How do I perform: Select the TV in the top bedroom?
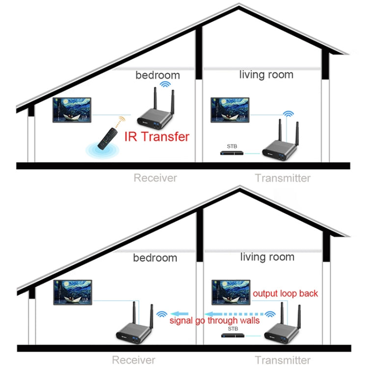(x=72, y=110)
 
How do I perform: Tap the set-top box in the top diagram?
(x=232, y=153)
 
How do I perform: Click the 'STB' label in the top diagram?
(x=232, y=146)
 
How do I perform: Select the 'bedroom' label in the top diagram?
(x=158, y=75)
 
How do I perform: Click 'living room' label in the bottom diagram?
(x=267, y=257)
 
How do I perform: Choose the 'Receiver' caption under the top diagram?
(x=155, y=178)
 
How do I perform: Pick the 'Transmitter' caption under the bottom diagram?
(x=282, y=360)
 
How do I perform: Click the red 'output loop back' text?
(x=285, y=294)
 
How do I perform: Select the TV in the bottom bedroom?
(x=73, y=292)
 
